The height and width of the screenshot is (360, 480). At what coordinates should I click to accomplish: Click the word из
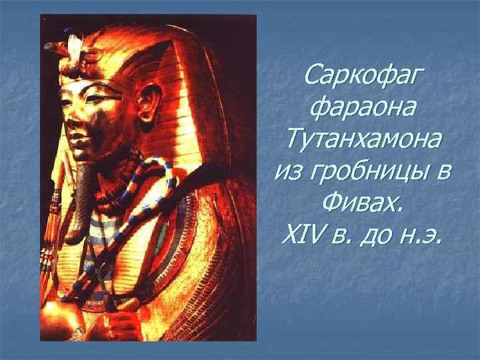point(289,171)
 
